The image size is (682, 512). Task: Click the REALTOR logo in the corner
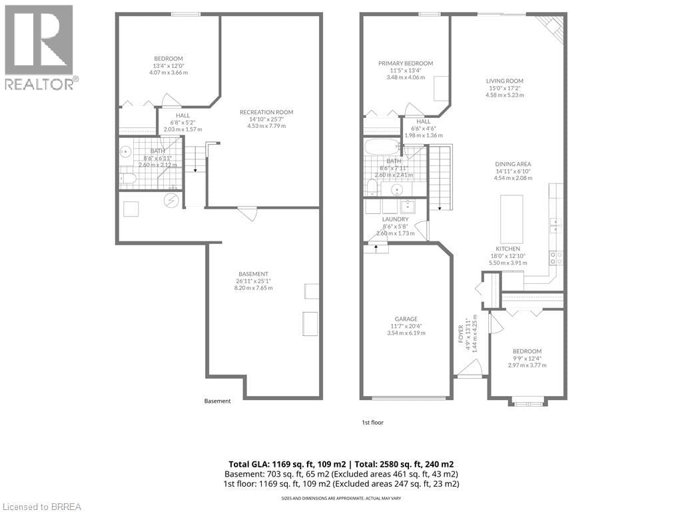41,47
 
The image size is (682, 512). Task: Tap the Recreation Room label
266,112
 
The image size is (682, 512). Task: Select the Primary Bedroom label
406,63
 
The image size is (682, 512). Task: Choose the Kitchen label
507,249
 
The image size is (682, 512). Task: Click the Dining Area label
513,164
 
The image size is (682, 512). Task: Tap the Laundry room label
395,219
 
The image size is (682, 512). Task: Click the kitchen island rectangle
511,219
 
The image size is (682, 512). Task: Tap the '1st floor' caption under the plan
372,422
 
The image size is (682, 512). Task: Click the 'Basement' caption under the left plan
217,401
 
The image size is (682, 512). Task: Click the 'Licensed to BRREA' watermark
41,506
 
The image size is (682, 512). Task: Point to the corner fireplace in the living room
551,29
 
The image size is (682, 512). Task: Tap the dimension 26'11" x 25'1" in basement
253,281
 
